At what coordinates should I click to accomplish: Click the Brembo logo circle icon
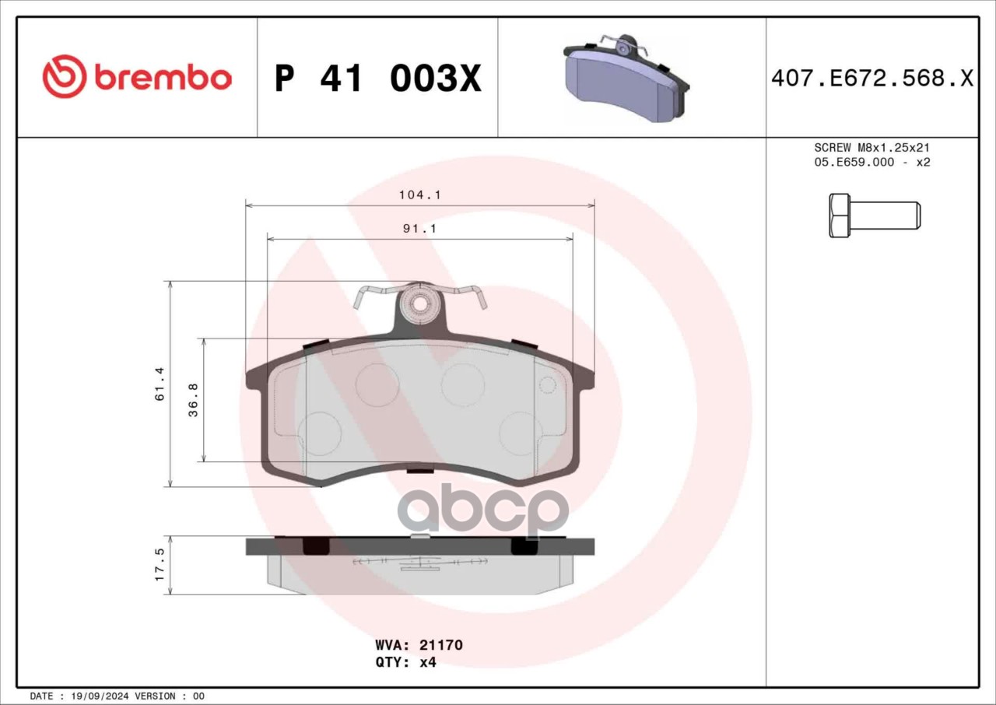click(64, 76)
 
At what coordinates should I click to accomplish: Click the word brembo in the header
click(163, 79)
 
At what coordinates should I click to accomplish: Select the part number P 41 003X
click(377, 79)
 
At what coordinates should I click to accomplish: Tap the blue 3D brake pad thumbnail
click(626, 77)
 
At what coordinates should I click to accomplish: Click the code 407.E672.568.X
click(872, 79)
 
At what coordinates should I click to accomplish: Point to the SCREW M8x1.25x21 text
click(872, 148)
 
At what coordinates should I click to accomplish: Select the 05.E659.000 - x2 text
click(872, 163)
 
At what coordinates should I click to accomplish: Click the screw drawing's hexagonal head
click(839, 216)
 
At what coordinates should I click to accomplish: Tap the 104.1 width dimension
click(419, 195)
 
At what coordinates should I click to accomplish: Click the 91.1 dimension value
click(419, 229)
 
